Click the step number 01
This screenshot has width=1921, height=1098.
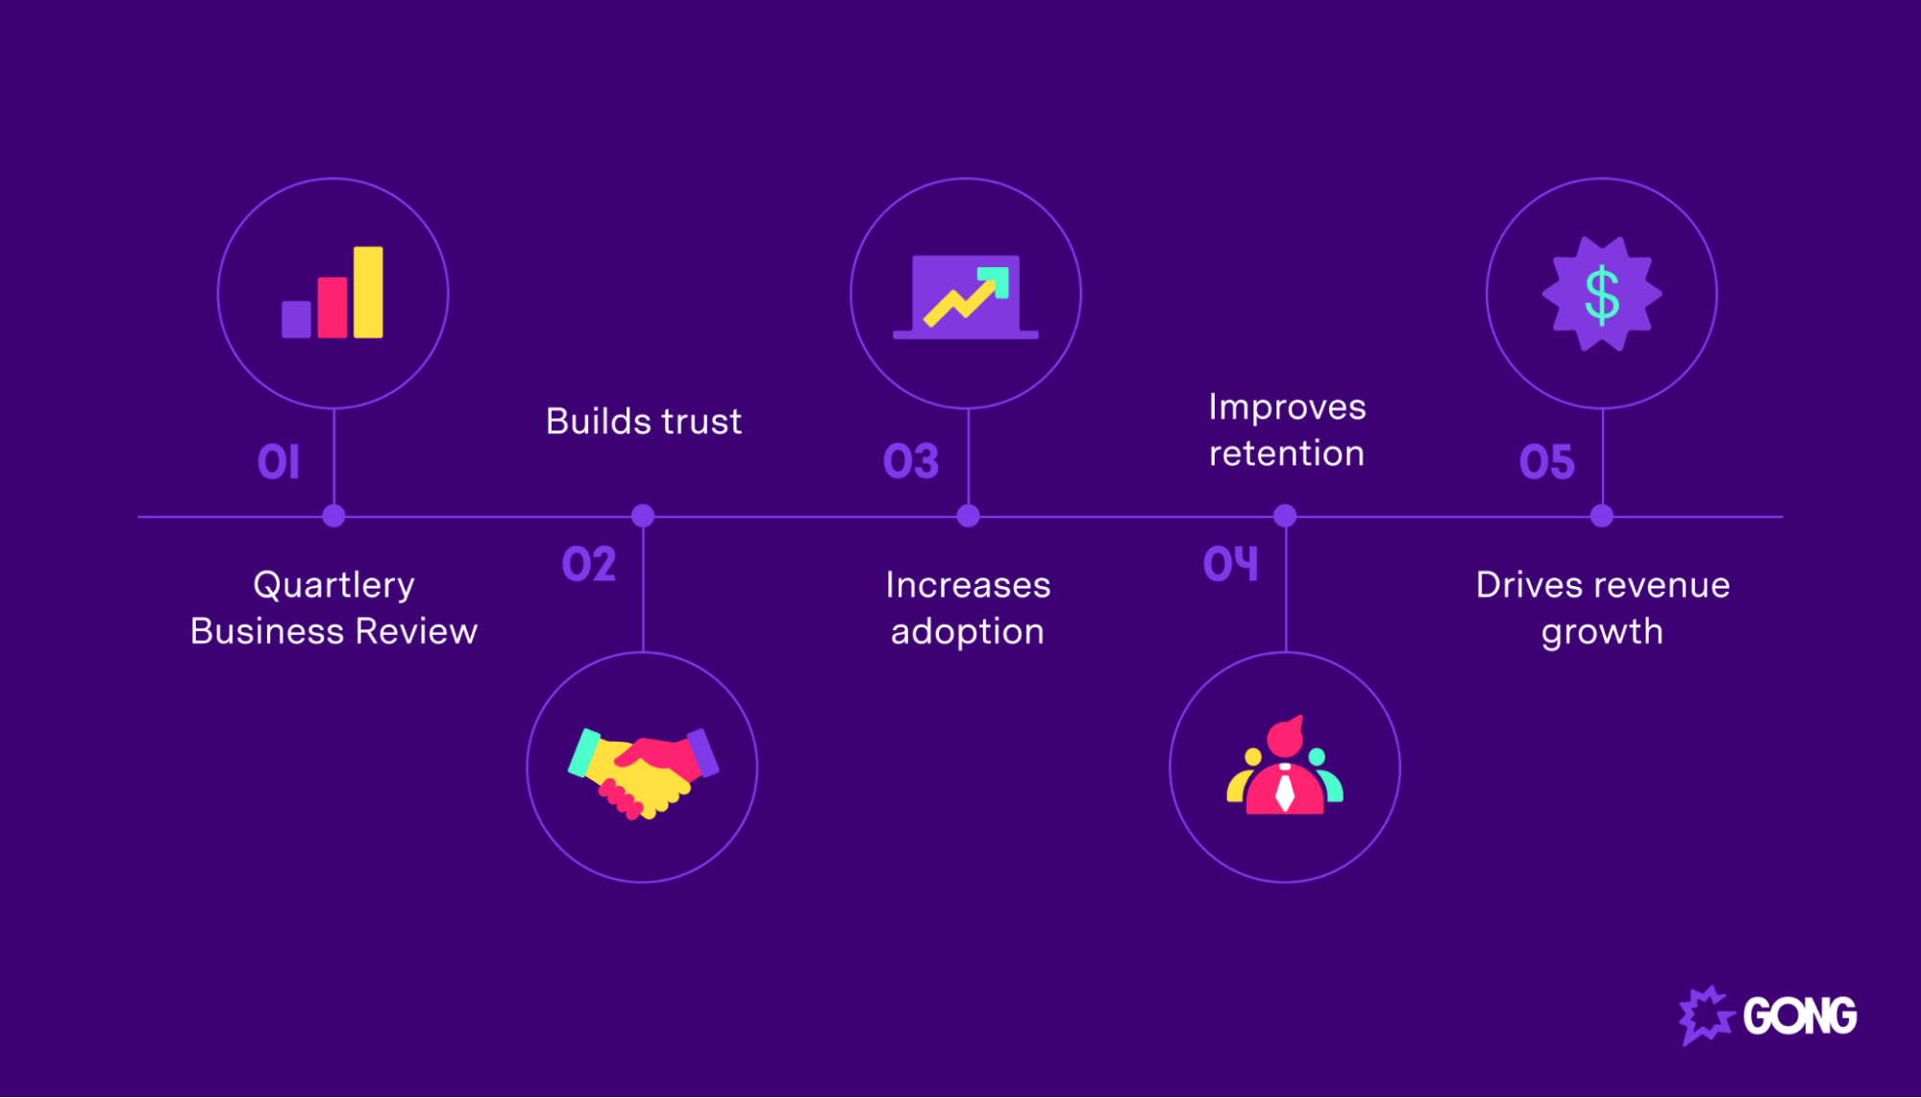point(279,462)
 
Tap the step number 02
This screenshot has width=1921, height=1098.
point(589,564)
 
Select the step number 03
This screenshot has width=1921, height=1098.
point(911,462)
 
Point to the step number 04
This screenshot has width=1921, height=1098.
point(1230,564)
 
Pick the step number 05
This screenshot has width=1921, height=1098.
point(1547,462)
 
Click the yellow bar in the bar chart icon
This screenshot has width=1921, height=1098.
point(368,292)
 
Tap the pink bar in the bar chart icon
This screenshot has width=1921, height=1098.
point(332,307)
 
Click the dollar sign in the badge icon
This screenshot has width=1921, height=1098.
point(1602,295)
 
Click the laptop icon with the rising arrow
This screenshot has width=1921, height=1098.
point(966,297)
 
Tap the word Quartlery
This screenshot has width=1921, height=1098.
point(333,585)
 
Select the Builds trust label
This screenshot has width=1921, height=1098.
point(644,422)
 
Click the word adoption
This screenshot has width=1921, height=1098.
point(967,633)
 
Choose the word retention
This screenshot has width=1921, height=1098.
point(1287,453)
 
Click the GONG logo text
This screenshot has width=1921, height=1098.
point(1800,1016)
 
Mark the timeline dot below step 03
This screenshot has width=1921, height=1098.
point(968,516)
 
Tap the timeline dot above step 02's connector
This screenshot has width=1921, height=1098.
point(643,516)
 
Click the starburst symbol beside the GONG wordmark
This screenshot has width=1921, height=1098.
point(1707,1015)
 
